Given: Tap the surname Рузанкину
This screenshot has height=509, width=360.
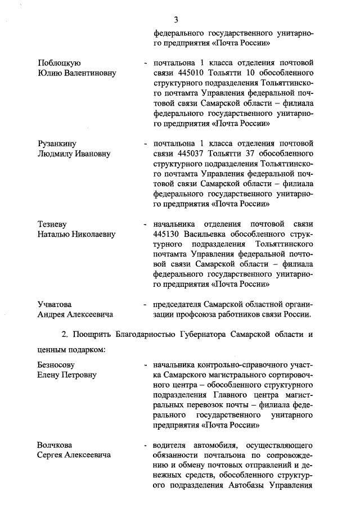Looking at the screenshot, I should (57, 143).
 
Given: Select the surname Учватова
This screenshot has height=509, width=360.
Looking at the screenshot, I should (55, 304).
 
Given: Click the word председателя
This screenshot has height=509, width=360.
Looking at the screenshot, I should (179, 304).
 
